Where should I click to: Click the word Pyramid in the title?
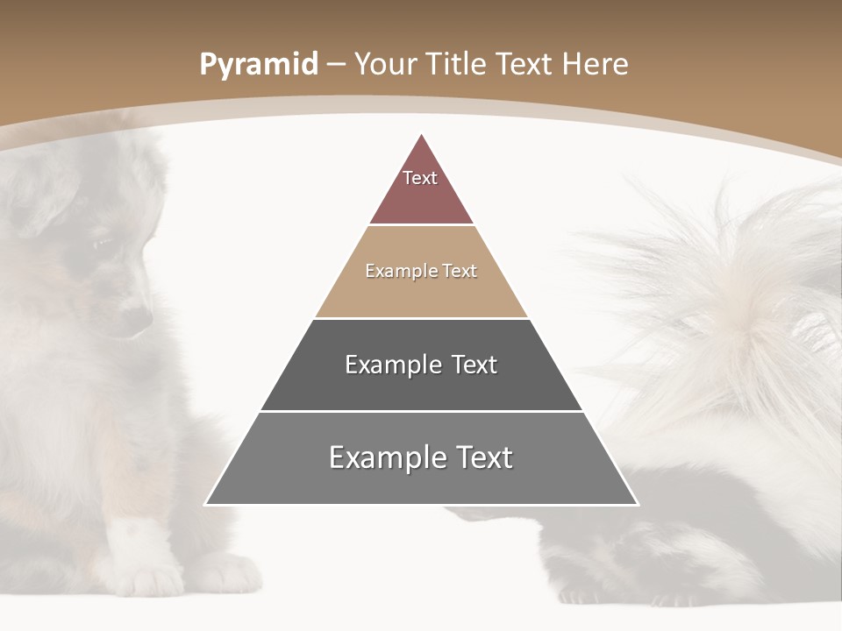pos(258,65)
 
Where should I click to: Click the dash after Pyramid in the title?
pos(335,65)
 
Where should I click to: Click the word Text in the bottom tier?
pos(482,457)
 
